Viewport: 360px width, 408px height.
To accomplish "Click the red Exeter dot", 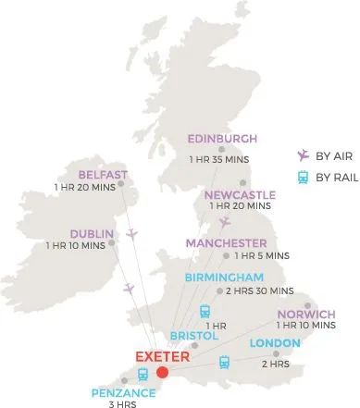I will [x=163, y=373].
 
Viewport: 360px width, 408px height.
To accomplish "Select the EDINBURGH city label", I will [x=222, y=140].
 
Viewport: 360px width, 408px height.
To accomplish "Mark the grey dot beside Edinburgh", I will [x=220, y=149].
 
